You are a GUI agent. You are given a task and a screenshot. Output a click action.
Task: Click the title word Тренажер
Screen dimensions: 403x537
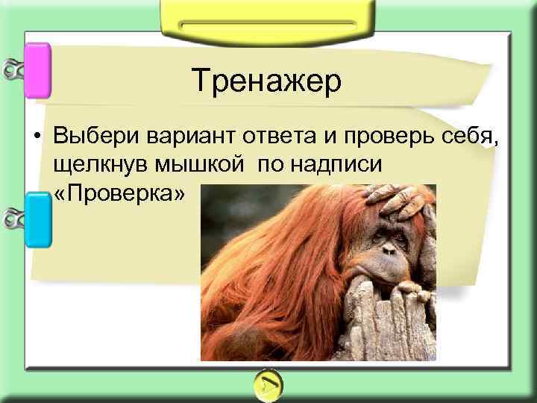click(266, 81)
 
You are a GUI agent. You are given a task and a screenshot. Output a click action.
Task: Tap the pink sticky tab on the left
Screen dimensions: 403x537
click(38, 71)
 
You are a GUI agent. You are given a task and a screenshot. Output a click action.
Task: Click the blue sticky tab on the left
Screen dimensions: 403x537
click(38, 219)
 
